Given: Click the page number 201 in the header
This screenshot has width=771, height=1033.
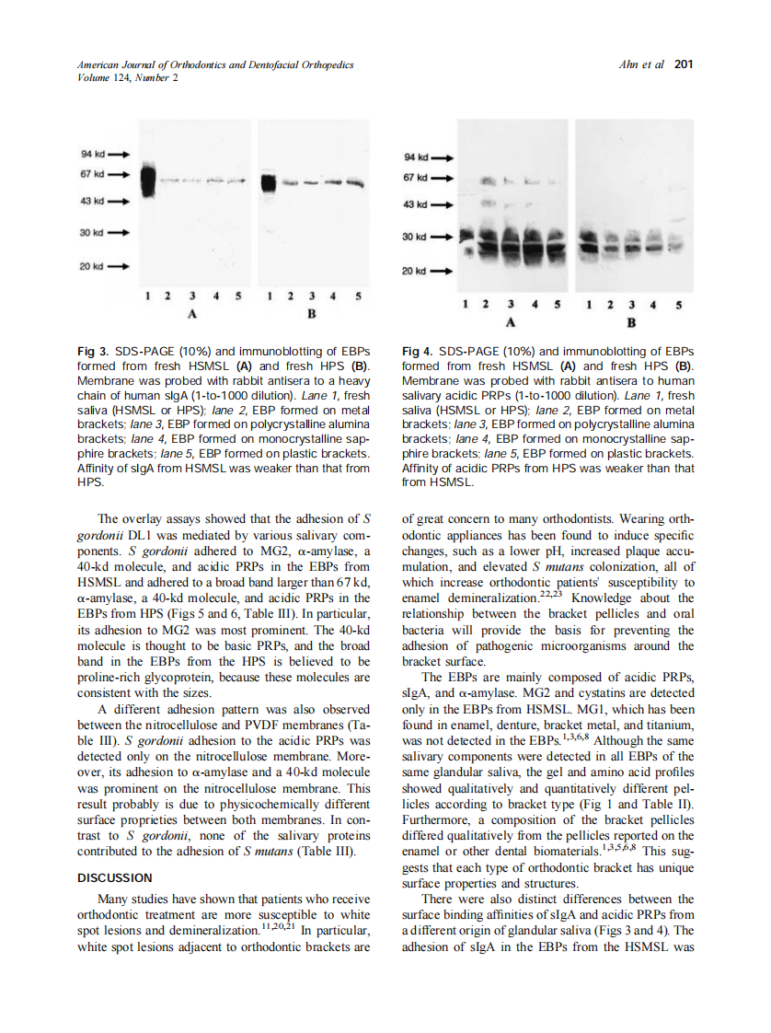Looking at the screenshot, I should tap(683, 64).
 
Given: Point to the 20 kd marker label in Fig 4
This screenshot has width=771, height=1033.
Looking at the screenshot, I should tap(417, 272).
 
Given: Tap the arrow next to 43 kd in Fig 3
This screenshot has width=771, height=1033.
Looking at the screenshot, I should tap(120, 200).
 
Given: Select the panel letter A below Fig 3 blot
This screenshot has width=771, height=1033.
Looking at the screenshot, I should tap(192, 313).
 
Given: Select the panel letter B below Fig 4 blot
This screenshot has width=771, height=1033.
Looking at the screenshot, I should tap(631, 323).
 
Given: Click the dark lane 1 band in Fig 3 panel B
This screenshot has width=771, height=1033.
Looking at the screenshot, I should tap(268, 182).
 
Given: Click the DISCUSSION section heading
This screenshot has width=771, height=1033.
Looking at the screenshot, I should tap(116, 877).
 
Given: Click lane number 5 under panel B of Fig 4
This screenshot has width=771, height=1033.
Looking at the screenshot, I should tap(678, 305).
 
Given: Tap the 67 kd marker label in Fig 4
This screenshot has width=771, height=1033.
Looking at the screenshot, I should tap(417, 177).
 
